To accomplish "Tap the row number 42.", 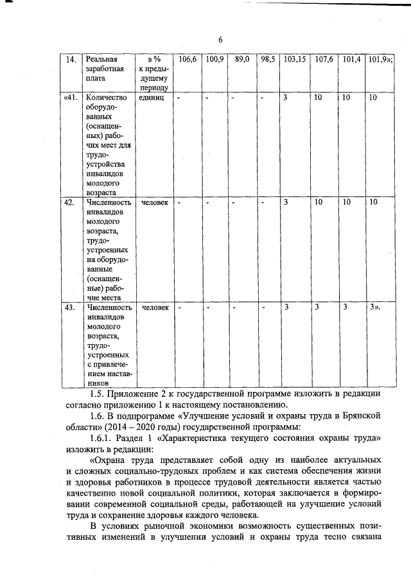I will pyautogui.click(x=69, y=202).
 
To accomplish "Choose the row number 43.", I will pyautogui.click(x=69, y=308).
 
